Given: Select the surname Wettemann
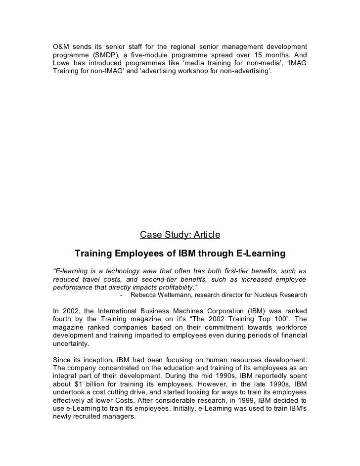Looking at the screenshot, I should click(184, 296).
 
